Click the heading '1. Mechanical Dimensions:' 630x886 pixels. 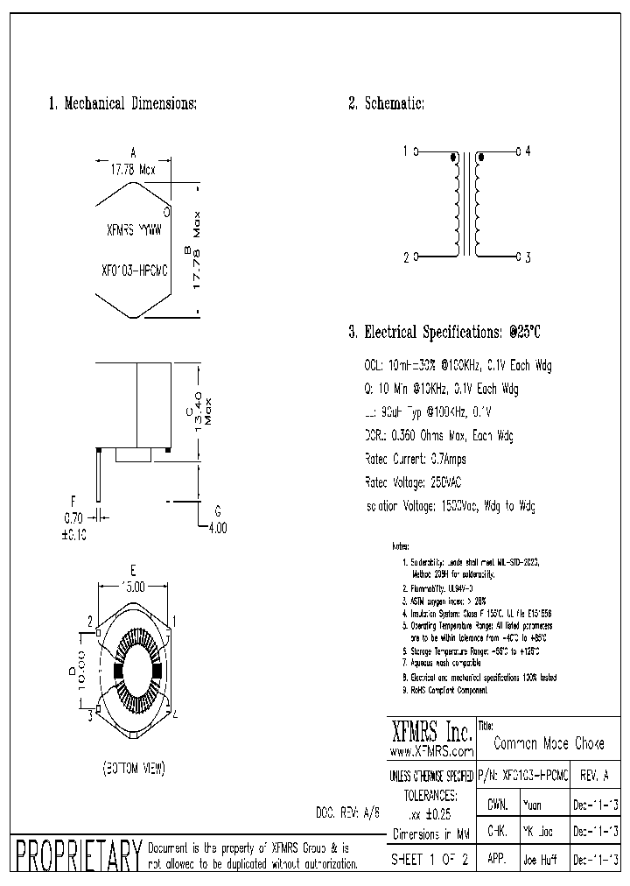coord(122,103)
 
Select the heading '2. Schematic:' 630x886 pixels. coord(386,103)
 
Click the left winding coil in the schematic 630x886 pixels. coord(456,207)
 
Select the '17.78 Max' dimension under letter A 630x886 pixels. coord(132,170)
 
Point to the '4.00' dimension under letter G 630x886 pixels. coord(217,528)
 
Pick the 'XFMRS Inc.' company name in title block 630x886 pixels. coord(430,731)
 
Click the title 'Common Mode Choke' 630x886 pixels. coord(549,743)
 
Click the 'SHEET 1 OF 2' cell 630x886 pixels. coord(430,859)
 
